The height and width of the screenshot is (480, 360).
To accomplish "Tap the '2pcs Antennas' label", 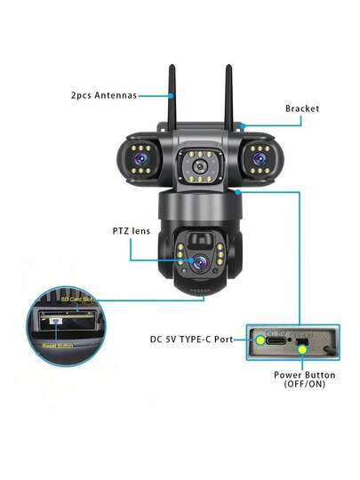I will click(x=104, y=95).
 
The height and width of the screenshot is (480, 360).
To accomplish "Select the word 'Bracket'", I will click(x=302, y=108).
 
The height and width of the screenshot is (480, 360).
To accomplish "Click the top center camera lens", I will click(x=199, y=165).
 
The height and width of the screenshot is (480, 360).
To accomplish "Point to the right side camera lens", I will click(x=260, y=156).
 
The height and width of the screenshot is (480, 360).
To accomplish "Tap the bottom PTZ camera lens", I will click(x=202, y=263).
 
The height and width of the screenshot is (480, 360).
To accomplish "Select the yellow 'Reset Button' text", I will click(x=60, y=344).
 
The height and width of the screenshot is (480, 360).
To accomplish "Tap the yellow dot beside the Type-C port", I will click(x=260, y=339).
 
